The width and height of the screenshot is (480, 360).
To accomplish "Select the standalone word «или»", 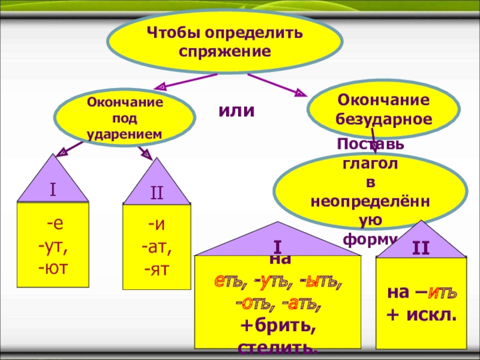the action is (236, 110).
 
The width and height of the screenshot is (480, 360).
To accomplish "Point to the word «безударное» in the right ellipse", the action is (384, 118).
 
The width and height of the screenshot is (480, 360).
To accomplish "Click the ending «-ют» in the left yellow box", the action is (53, 265).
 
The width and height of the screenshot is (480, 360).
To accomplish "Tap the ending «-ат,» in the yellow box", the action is (157, 245).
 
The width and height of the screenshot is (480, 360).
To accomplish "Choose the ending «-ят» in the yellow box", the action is (157, 266).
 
